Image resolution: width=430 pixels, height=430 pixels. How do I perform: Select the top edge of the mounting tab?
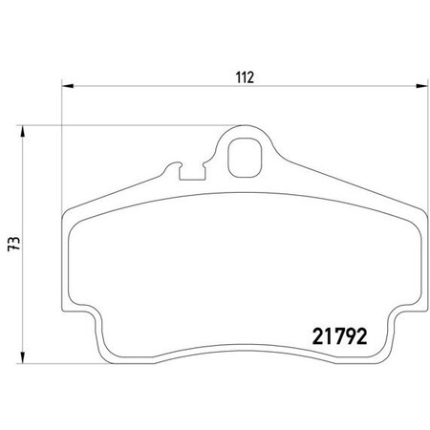tap(245, 127)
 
